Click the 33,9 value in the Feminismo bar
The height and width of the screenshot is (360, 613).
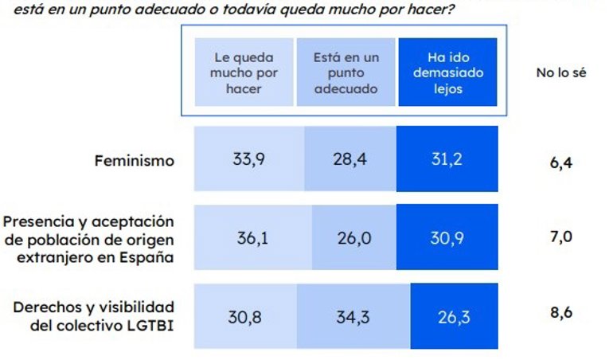click(248, 158)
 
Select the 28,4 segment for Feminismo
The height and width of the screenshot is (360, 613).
click(349, 158)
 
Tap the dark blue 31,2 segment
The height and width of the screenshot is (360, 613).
click(446, 158)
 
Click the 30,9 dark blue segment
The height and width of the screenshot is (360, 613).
click(446, 237)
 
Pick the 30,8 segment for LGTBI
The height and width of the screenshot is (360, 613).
click(244, 316)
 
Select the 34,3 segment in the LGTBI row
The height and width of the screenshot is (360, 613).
click(353, 316)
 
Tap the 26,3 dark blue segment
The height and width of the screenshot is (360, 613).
click(453, 316)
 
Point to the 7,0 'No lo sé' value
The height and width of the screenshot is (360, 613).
click(561, 237)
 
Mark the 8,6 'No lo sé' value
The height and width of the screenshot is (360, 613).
click(561, 312)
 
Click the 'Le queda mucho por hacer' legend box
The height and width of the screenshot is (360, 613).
click(243, 73)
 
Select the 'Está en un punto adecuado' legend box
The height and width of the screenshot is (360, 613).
click(346, 73)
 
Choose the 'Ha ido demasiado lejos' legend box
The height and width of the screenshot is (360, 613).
click(448, 73)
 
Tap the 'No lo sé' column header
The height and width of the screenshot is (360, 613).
click(561, 73)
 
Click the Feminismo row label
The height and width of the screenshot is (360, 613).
click(134, 161)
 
